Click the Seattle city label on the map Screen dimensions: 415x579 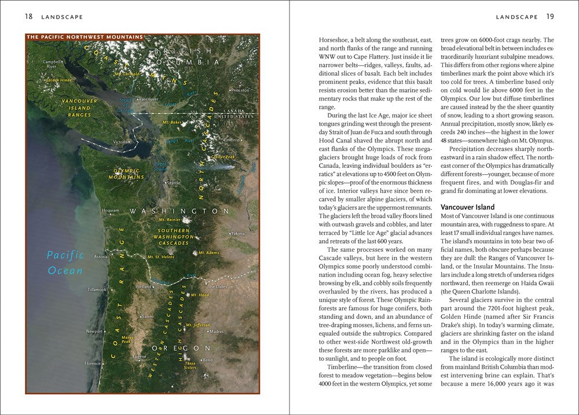point(173,183)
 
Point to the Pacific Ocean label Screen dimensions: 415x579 point(65,262)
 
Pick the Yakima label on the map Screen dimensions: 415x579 point(237,233)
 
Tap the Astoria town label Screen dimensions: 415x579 point(101,256)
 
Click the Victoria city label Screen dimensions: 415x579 point(120,142)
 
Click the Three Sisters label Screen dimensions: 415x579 point(190,365)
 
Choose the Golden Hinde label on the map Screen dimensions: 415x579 point(59,80)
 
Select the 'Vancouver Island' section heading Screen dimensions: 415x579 point(468,207)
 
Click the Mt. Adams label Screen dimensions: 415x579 point(209,253)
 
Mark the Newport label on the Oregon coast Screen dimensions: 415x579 point(94,331)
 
